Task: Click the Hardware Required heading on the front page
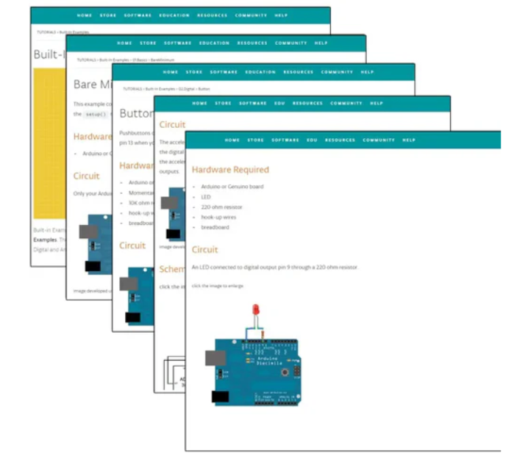pyautogui.click(x=230, y=170)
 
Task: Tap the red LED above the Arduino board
pyautogui.click(x=255, y=310)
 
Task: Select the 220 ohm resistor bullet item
pyautogui.click(x=221, y=207)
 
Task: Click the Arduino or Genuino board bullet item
pyautogui.click(x=232, y=187)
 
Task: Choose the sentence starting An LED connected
pyautogui.click(x=274, y=267)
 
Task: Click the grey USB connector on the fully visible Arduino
pyautogui.click(x=216, y=357)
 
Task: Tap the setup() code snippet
pyautogui.click(x=95, y=115)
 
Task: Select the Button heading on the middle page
pyautogui.click(x=133, y=114)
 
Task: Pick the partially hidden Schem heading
pyautogui.click(x=172, y=270)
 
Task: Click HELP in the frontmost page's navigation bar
pyautogui.click(x=409, y=140)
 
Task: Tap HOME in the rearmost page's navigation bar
pyautogui.click(x=84, y=15)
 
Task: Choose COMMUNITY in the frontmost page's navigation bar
pyautogui.click(x=379, y=140)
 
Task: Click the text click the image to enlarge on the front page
pyautogui.click(x=218, y=285)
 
